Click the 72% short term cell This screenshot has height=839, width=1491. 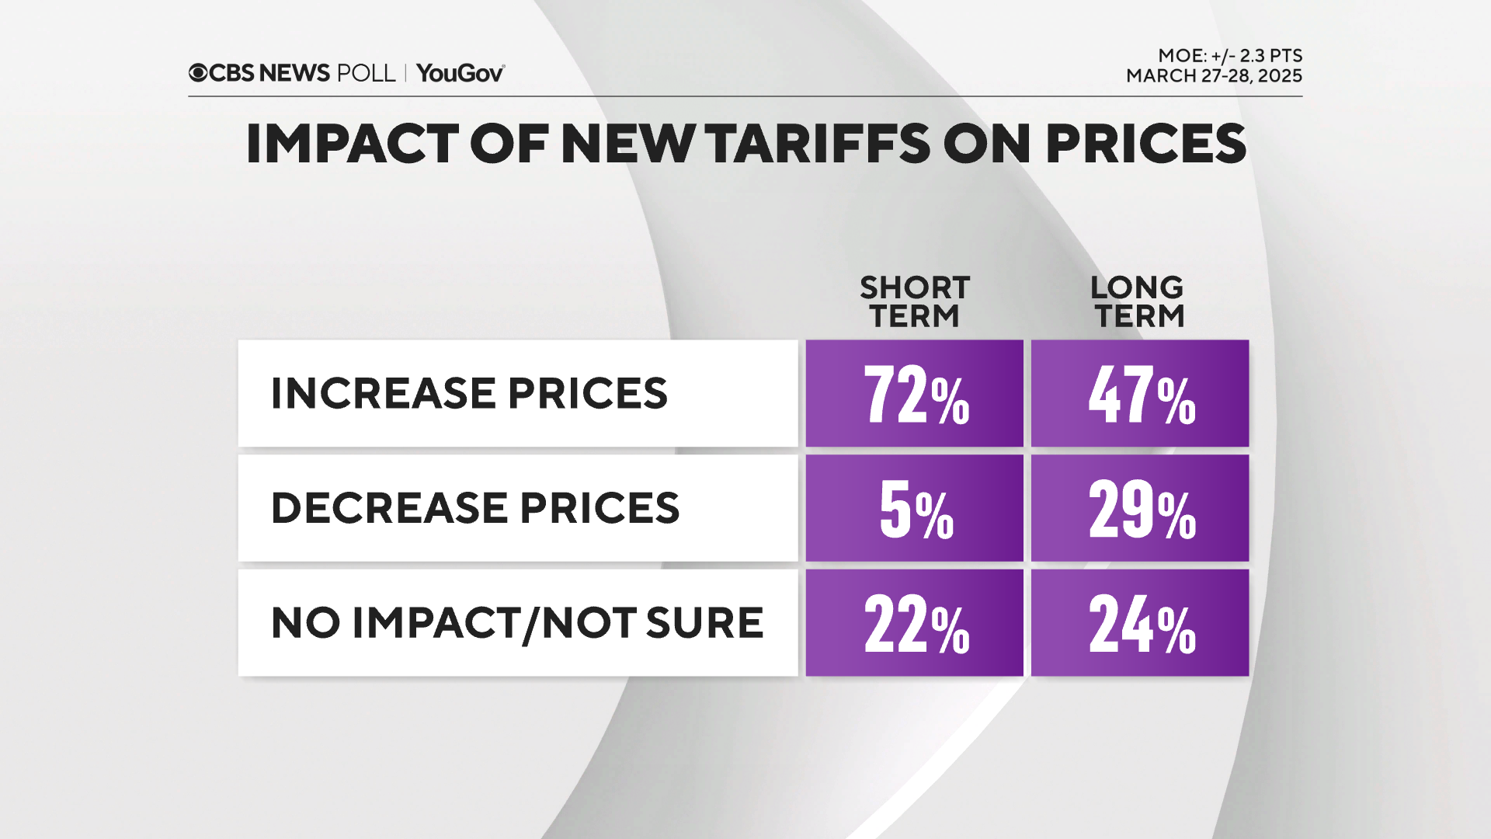point(915,393)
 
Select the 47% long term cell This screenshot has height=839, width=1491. point(1139,393)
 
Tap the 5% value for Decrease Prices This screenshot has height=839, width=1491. point(915,508)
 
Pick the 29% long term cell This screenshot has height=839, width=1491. point(1139,508)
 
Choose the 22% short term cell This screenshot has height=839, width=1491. point(915,623)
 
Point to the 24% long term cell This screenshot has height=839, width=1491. point(1139,623)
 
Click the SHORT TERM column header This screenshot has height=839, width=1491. point(915,301)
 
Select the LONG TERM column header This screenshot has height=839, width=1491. point(1138,301)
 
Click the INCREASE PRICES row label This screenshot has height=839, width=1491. point(469,393)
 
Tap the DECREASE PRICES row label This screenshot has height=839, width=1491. point(474,508)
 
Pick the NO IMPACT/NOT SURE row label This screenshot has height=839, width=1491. point(517,623)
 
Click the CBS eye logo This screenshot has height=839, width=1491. point(198,73)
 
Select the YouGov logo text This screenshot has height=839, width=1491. point(460,73)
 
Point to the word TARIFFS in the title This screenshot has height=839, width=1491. point(818,144)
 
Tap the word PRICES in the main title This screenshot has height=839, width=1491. point(1145,144)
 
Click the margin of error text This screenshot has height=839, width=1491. point(1229,56)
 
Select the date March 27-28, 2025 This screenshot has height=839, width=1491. point(1214,76)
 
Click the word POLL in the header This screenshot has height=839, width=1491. point(366,73)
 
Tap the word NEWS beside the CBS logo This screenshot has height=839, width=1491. point(294,73)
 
